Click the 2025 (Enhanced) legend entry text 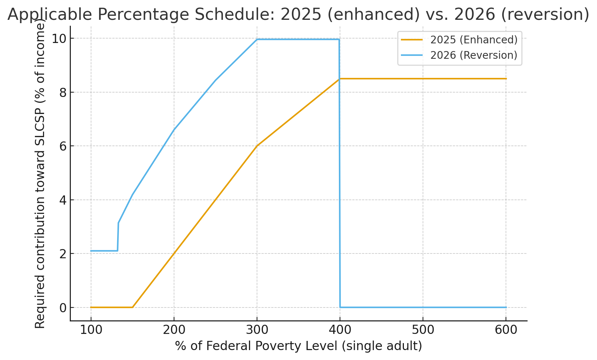coord(474,40)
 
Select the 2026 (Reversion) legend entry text coord(474,55)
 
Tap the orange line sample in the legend coord(412,40)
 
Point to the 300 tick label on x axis coord(257,330)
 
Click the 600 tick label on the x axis coord(506,330)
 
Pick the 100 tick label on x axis coord(91,330)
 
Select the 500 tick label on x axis coord(423,330)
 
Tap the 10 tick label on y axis coord(59,39)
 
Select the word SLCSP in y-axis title coord(40,131)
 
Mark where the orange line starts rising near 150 coord(132,307)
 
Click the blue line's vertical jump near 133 coord(118,237)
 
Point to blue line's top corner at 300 coord(257,39)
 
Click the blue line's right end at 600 coord(506,307)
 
